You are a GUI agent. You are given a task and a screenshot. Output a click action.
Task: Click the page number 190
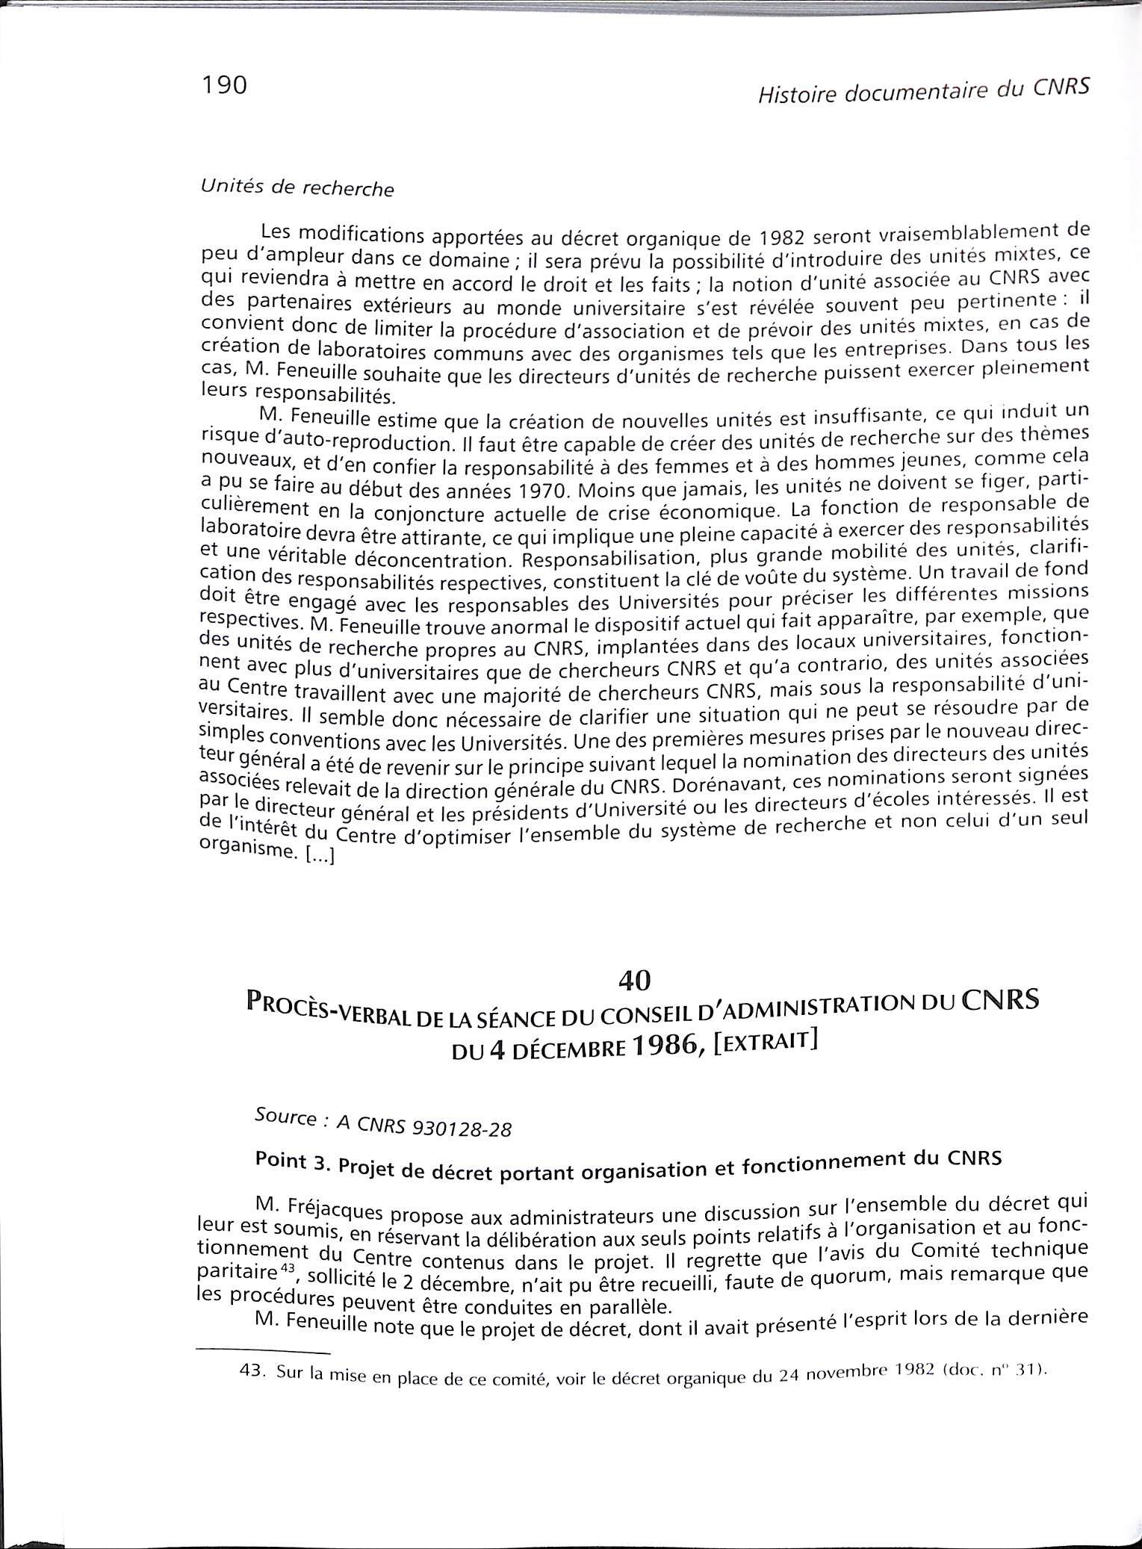pyautogui.click(x=223, y=86)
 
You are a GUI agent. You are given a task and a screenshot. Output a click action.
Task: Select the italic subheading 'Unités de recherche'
pyautogui.click(x=297, y=187)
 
